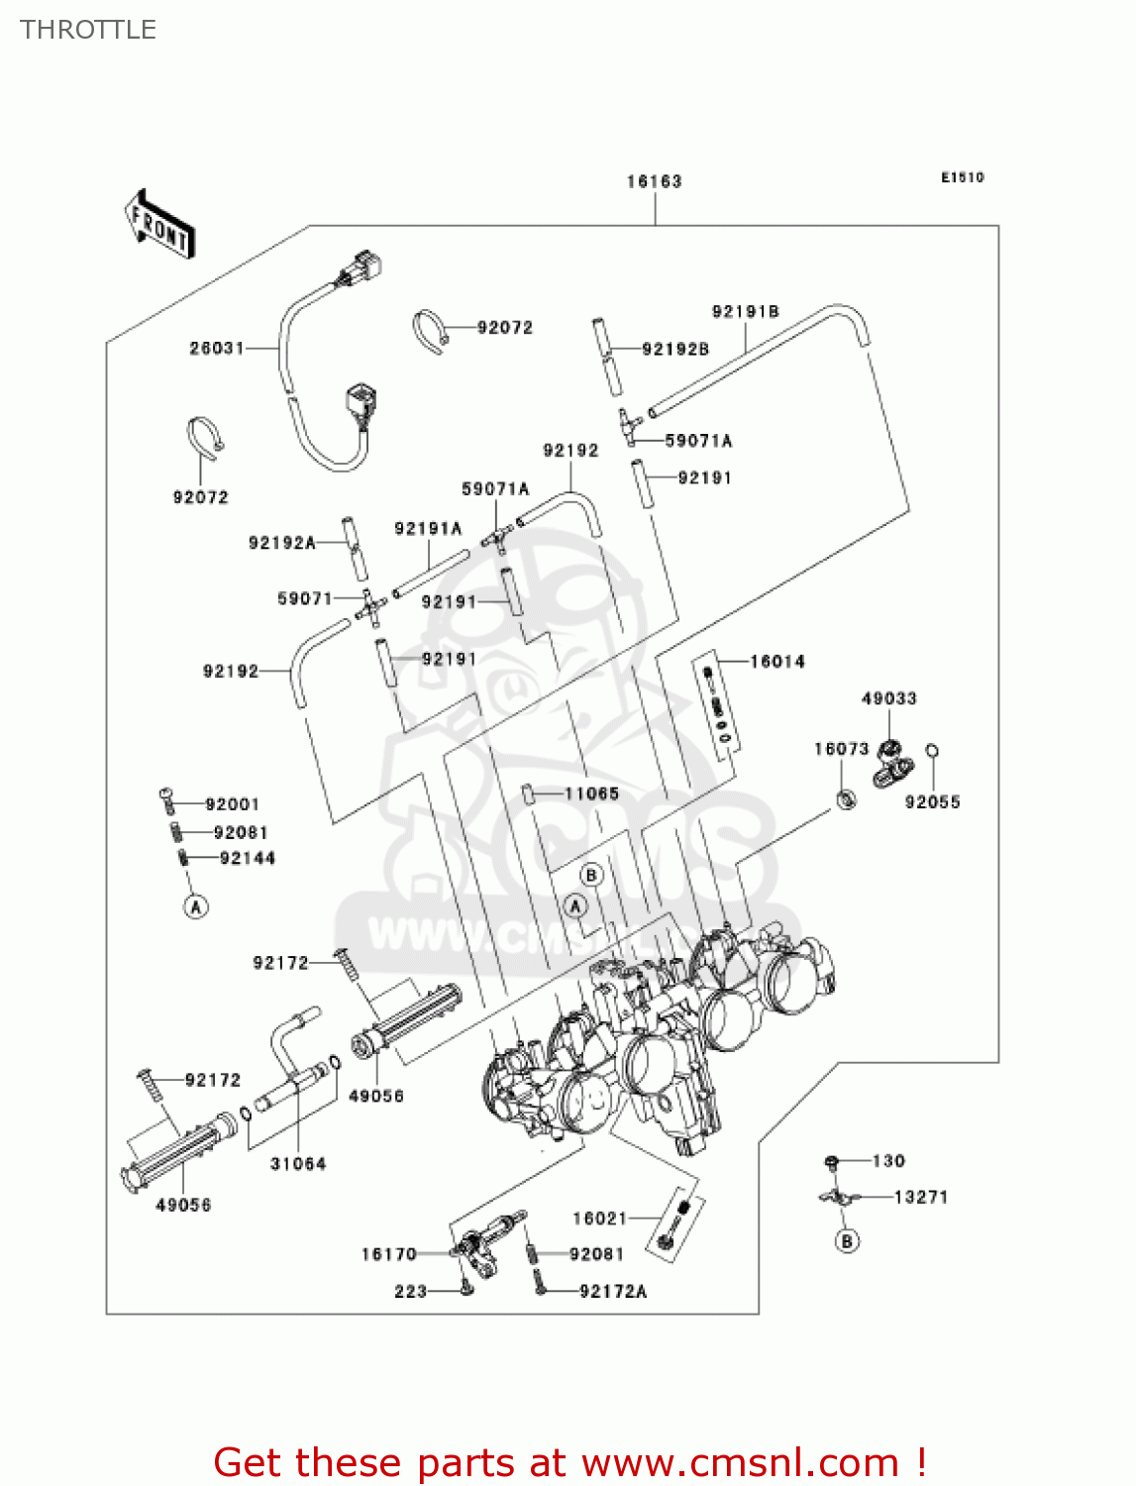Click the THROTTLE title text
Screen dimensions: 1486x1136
click(x=88, y=30)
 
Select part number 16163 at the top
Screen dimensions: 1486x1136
click(x=654, y=181)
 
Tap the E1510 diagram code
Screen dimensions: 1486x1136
click(x=962, y=177)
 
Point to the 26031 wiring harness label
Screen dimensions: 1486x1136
click(x=217, y=348)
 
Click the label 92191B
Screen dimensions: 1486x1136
click(x=745, y=312)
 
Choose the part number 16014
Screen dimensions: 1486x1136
click(x=777, y=662)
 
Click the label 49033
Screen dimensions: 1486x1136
click(x=888, y=698)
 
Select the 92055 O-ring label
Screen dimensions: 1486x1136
click(x=932, y=802)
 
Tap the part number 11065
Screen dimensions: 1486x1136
click(x=591, y=794)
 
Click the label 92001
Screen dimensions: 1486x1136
click(x=232, y=804)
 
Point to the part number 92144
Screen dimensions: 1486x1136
click(x=247, y=858)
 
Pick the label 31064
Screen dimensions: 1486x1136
click(x=298, y=1164)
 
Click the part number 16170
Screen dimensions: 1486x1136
click(x=389, y=1254)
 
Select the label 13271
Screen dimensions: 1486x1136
click(x=921, y=1197)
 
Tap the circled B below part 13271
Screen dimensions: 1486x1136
click(x=847, y=1240)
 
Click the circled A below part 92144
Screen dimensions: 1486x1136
click(x=196, y=906)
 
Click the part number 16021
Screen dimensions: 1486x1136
click(x=600, y=1219)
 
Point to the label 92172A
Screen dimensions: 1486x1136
click(x=613, y=1291)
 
